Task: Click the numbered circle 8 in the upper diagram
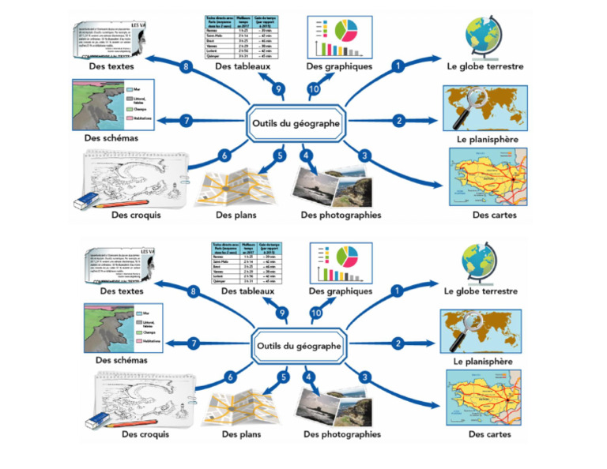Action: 186,67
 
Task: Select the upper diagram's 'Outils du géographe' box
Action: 296,124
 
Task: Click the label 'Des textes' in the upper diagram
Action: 111,67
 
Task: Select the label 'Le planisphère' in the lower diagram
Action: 484,361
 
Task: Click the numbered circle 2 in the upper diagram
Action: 399,121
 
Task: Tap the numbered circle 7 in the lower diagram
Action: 194,343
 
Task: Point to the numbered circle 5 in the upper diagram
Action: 279,156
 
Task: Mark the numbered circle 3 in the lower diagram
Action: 364,377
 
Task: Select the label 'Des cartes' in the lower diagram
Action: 489,434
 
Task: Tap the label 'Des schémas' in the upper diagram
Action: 111,138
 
